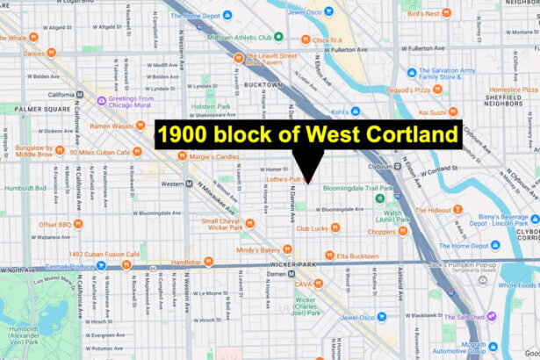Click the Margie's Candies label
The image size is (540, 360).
coord(214,156)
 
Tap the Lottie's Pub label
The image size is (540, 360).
coord(284,179)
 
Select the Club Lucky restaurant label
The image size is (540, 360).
coord(311,228)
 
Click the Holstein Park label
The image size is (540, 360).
coord(211,106)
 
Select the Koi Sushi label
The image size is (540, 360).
coord(432,112)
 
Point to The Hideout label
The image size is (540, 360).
coord(433,210)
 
